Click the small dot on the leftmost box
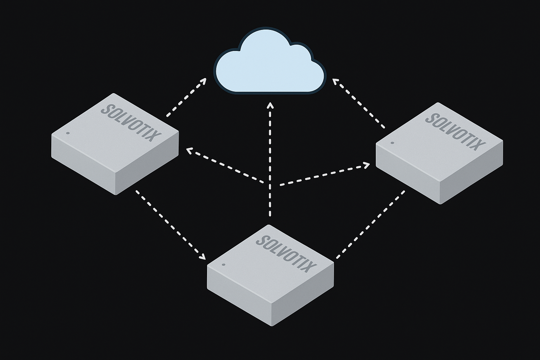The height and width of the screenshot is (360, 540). pos(68,133)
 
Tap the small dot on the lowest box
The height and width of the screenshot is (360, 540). pos(223,265)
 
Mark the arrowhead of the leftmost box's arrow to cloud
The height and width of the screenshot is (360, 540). pos(203,81)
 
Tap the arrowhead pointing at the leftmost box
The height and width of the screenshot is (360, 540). pos(190,151)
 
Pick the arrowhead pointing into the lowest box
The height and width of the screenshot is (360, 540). pos(202,256)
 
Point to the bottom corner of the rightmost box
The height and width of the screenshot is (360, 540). pos(440,203)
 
